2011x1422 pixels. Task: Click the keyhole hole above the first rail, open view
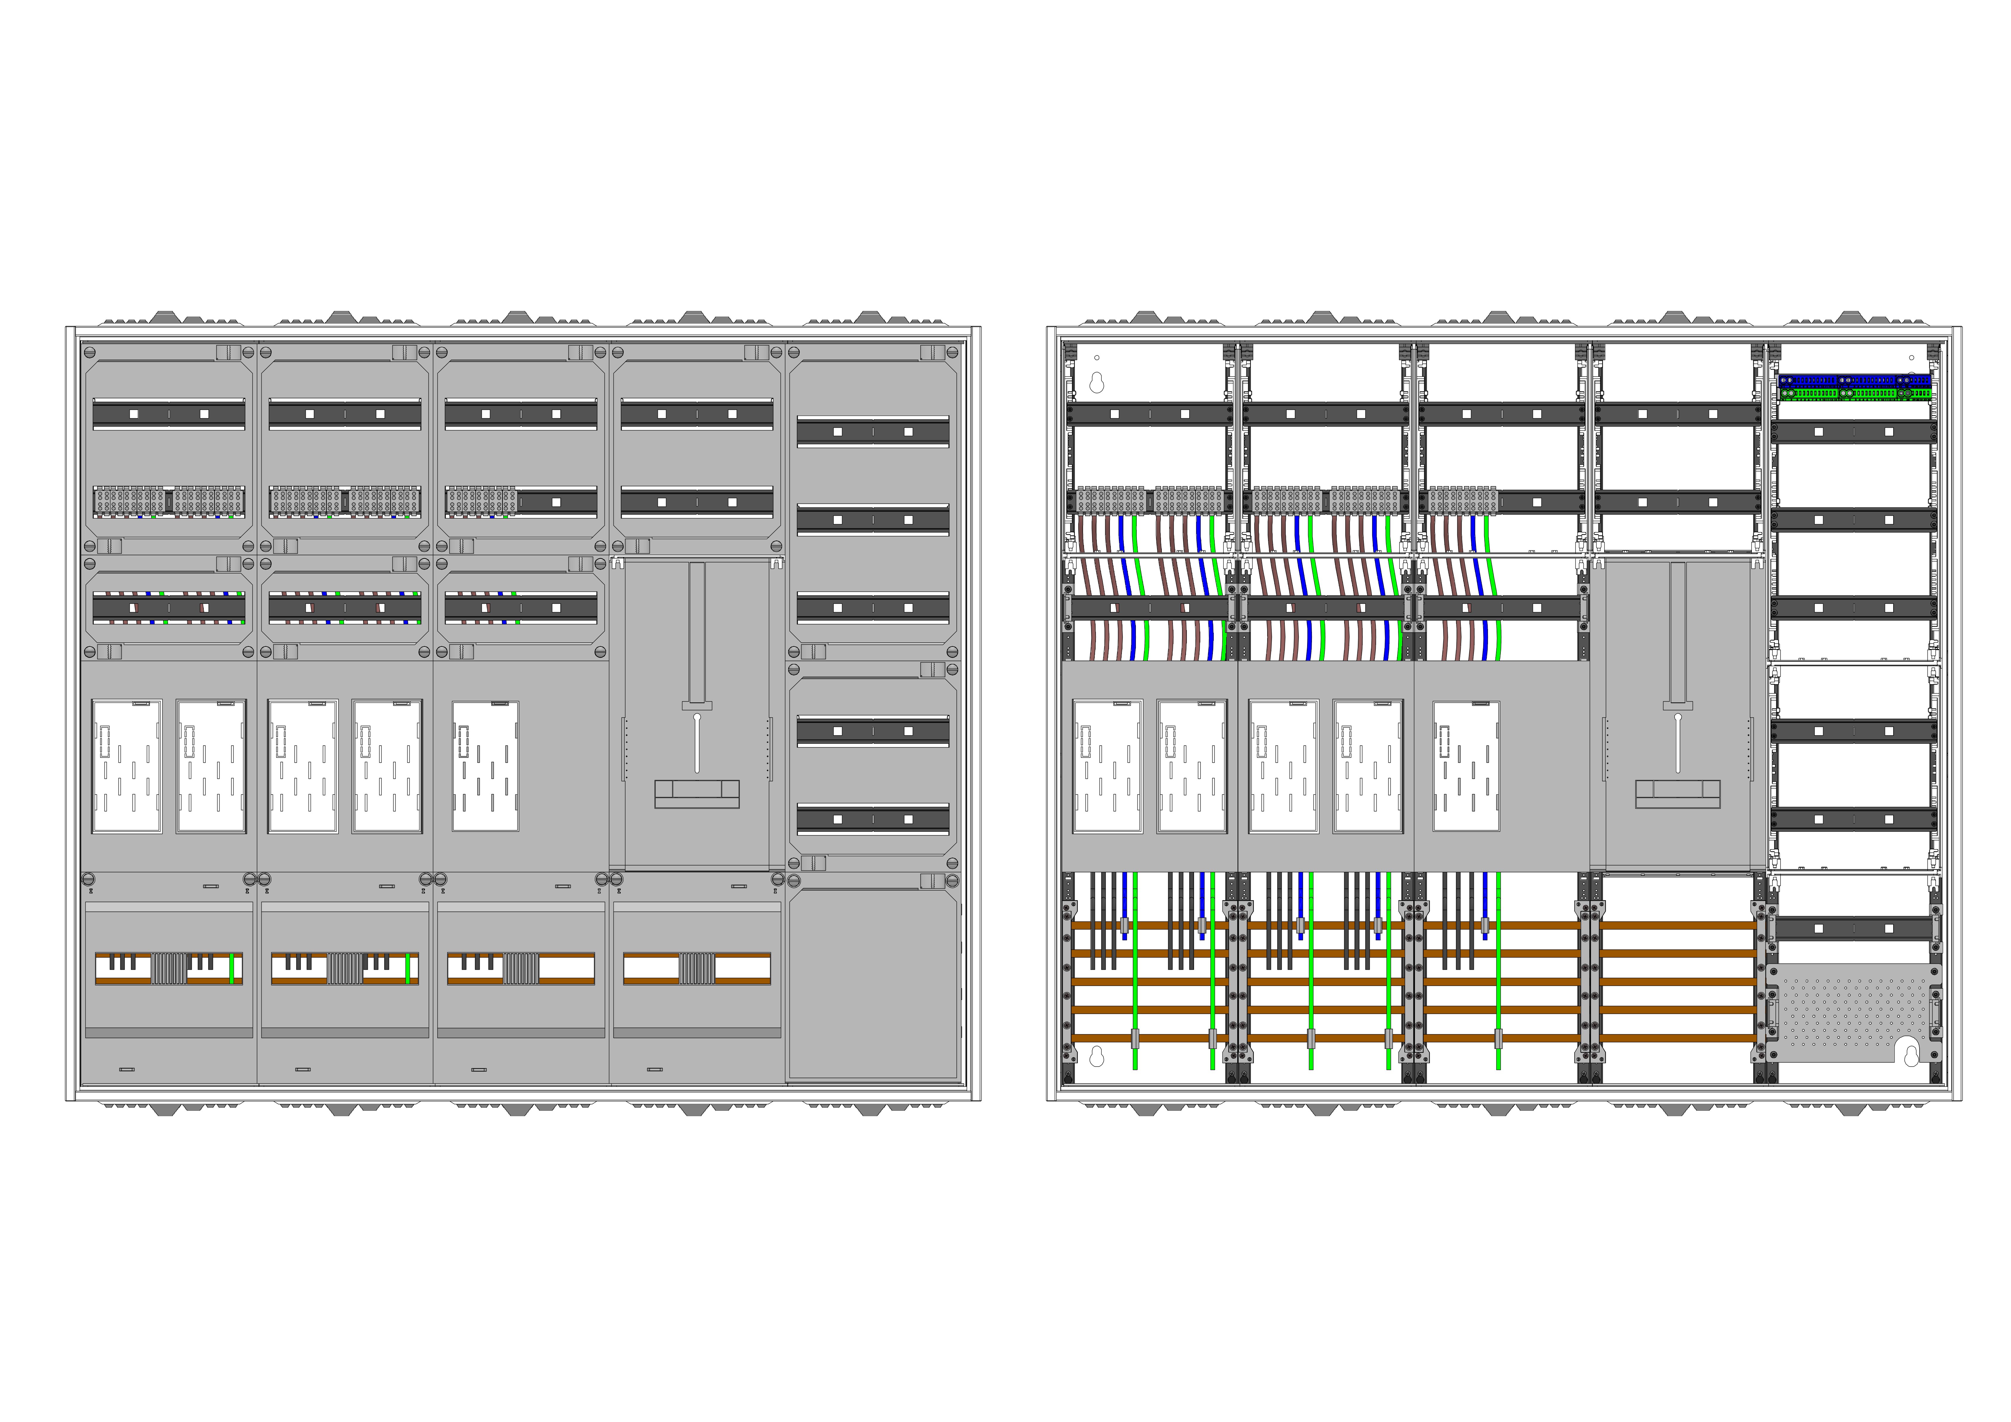pyautogui.click(x=1096, y=383)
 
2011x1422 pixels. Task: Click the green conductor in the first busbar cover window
pyautogui.click(x=231, y=968)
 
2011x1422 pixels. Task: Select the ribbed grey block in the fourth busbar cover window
pyautogui.click(x=697, y=968)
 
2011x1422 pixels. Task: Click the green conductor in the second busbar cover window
pyautogui.click(x=407, y=968)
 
